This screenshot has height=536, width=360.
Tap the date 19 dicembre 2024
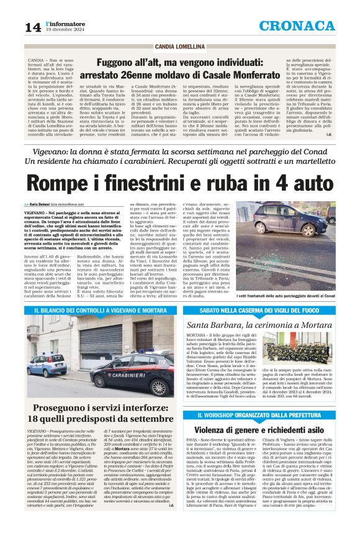(x=66, y=29)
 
